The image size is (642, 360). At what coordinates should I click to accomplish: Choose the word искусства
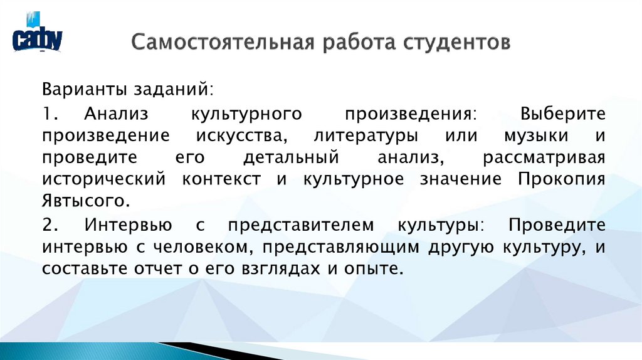pyautogui.click(x=242, y=136)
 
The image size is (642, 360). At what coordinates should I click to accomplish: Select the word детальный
pyautogui.click(x=292, y=157)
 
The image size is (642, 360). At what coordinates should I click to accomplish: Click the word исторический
pyautogui.click(x=104, y=179)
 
